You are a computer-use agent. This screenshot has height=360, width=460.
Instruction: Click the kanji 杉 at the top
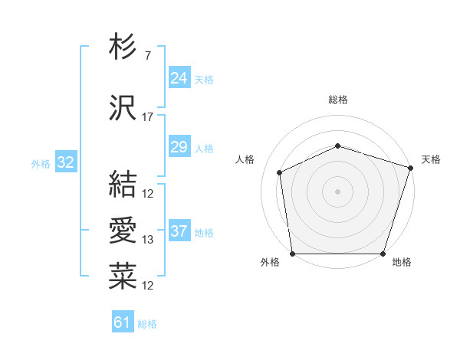point(123,48)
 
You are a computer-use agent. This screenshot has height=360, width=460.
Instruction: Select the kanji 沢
point(123,109)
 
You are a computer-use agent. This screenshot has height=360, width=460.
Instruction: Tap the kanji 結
point(123,184)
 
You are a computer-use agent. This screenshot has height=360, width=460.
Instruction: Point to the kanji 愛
point(123,231)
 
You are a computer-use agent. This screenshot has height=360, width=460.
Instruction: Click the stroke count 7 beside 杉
point(147,57)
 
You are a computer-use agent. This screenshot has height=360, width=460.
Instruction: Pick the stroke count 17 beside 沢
point(148,117)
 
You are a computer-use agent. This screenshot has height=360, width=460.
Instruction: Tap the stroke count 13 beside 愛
point(148,240)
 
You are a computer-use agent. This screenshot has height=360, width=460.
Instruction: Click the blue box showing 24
point(179,77)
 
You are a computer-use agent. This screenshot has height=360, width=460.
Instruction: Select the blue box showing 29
point(179,147)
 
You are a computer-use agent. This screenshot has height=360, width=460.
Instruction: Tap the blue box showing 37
point(179,231)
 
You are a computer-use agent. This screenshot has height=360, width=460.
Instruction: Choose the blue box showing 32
point(65,162)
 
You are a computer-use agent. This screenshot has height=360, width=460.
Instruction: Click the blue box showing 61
point(123,322)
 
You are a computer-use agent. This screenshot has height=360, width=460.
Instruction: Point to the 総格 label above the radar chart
point(338,100)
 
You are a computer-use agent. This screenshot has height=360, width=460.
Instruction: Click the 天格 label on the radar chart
point(431,159)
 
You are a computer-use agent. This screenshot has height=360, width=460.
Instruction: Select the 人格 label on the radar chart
point(245,159)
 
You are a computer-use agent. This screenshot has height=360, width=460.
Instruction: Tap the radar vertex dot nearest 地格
point(383,254)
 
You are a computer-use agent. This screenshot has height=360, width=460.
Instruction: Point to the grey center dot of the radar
point(338,191)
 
